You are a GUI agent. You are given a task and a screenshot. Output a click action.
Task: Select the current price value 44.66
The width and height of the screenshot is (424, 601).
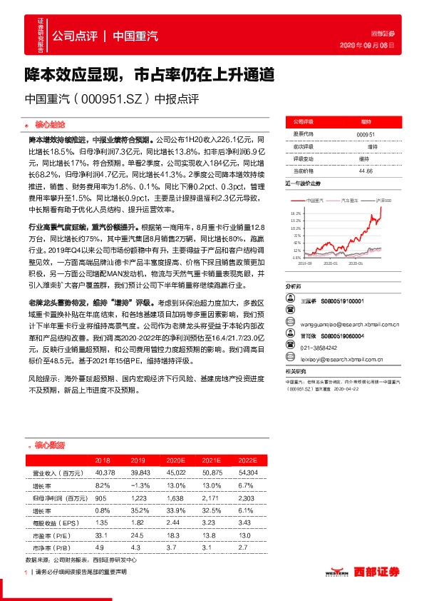[x=366, y=171]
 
